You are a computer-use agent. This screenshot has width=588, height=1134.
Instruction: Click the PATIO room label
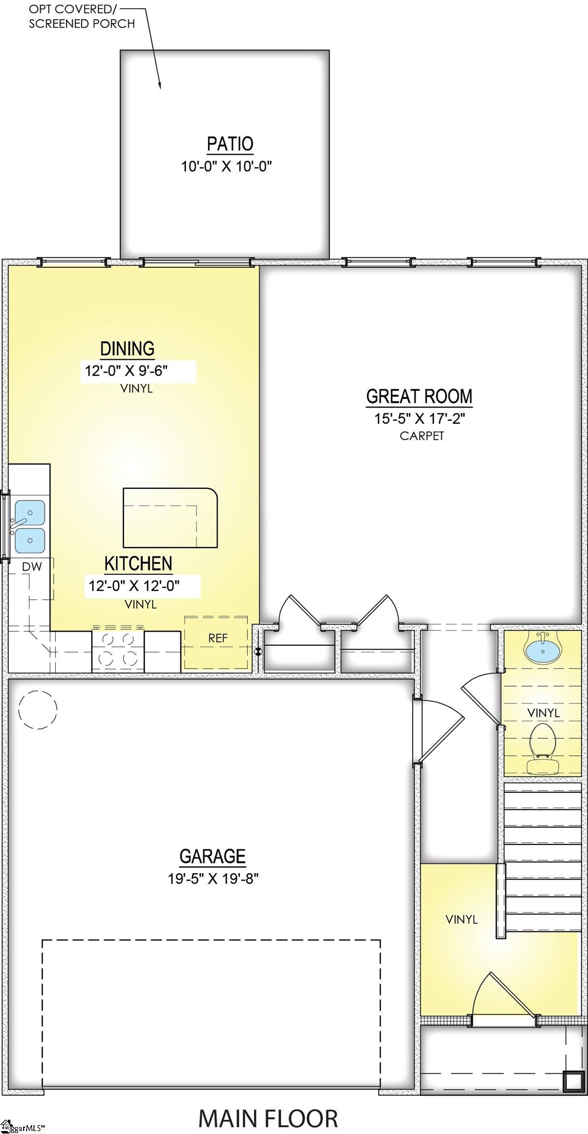[x=230, y=144]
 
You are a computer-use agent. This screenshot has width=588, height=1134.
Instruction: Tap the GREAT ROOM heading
[x=419, y=396]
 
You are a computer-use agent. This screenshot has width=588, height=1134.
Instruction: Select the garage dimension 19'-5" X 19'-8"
[x=213, y=878]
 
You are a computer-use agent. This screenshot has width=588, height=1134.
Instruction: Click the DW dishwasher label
[x=33, y=567]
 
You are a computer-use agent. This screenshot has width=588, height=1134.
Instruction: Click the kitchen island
[x=170, y=518]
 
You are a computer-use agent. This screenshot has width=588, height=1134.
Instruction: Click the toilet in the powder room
[x=542, y=749]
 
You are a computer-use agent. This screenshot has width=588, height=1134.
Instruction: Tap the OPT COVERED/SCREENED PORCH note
[x=81, y=16]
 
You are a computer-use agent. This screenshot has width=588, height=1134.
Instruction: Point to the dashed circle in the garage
[x=38, y=709]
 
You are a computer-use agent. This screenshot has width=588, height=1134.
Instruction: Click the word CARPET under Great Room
[x=422, y=436]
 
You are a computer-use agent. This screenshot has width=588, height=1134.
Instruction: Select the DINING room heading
[x=127, y=348]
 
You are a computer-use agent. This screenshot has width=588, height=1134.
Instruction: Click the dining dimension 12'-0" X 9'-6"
[x=127, y=370]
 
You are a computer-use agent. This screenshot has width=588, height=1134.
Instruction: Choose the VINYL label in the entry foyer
[x=461, y=919]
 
